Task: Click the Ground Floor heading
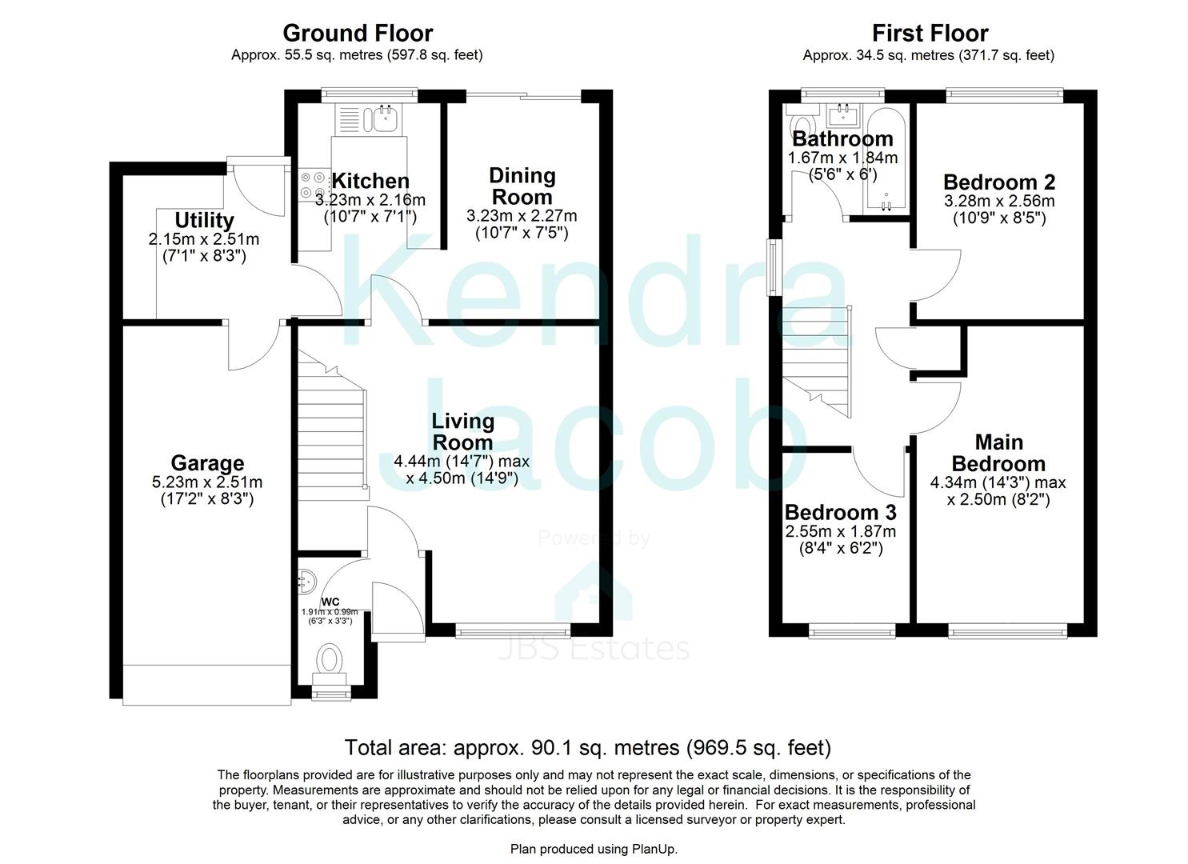point(358,34)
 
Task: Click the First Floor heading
point(930,34)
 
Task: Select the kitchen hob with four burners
point(313,185)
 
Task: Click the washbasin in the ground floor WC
point(307,580)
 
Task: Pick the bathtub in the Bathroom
point(885,159)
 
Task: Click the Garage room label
point(207,463)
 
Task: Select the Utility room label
point(204,220)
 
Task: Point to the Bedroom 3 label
point(841,512)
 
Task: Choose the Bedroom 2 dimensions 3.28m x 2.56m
point(999,201)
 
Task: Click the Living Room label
point(463,432)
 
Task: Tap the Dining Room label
point(522,186)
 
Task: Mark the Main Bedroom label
point(998,453)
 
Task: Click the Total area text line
point(588,748)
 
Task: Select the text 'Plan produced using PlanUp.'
point(594,849)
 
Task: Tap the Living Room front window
point(513,631)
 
